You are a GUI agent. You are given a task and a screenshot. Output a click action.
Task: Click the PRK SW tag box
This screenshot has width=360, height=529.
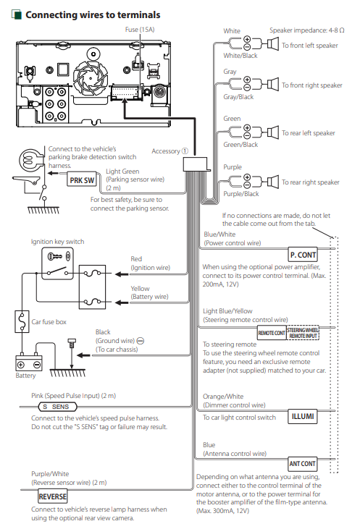[82, 180]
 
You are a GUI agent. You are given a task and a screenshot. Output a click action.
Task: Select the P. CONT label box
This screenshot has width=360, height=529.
[303, 255]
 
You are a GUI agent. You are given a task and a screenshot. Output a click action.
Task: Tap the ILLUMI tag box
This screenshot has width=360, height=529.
[303, 417]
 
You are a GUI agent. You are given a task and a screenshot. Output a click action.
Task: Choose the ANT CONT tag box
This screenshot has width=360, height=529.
[303, 464]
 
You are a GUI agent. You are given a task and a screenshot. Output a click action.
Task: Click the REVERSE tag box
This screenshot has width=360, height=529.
[53, 496]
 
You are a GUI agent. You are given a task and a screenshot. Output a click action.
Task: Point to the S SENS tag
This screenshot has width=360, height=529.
[57, 407]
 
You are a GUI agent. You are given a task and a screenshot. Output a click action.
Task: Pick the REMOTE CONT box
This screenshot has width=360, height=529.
[272, 333]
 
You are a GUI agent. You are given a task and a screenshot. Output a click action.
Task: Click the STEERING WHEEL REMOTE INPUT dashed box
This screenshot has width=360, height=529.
[303, 333]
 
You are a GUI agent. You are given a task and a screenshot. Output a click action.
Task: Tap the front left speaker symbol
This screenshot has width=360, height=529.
[272, 44]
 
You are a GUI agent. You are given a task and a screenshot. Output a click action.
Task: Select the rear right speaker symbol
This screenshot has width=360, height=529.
[272, 182]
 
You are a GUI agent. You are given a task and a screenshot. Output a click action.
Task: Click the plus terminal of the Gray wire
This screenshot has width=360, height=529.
[247, 80]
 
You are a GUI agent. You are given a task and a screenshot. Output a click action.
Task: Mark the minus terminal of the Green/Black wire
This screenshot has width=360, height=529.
[247, 136]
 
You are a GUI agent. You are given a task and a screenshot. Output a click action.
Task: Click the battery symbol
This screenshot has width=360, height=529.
[29, 363]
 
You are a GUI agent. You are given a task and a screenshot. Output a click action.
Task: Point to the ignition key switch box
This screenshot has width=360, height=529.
[57, 263]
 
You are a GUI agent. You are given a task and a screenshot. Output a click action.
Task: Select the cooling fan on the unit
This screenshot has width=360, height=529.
[91, 77]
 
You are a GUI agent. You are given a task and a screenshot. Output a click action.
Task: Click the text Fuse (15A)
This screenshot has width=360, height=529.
[140, 30]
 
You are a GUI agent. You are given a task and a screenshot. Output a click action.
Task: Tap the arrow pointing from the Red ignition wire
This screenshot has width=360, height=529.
[122, 274]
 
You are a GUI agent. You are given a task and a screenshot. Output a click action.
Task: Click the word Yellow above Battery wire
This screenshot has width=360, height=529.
[140, 289]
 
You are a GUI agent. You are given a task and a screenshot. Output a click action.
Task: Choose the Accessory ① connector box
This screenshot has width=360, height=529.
[196, 164]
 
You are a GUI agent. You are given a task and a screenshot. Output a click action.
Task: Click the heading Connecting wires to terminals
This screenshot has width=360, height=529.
[93, 15]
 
